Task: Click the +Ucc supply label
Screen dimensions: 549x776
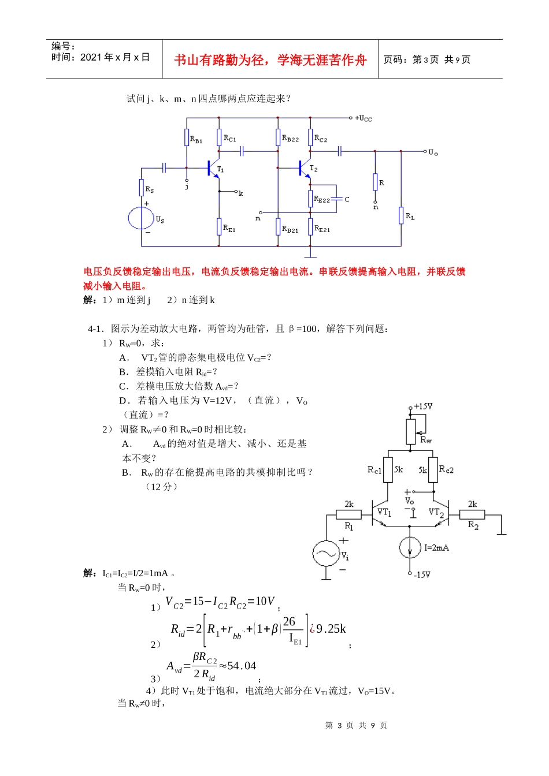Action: (x=364, y=118)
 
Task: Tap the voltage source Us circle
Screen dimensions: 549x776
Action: (x=141, y=218)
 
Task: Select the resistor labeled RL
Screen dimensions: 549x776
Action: (x=401, y=215)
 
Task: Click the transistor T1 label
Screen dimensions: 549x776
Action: (x=220, y=169)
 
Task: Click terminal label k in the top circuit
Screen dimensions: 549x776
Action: (x=241, y=193)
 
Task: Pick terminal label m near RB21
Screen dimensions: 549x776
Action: (x=258, y=219)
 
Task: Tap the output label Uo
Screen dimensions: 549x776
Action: (x=433, y=152)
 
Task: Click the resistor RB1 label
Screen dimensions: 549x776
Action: (x=196, y=140)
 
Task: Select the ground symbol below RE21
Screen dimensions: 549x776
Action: (x=310, y=254)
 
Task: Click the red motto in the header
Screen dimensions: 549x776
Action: (x=270, y=60)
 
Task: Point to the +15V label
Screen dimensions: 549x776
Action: (x=423, y=406)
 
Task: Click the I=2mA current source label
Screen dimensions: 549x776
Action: (x=436, y=547)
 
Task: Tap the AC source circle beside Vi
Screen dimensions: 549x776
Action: (x=325, y=554)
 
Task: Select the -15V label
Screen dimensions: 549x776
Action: (x=422, y=574)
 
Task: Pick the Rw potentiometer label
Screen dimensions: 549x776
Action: (x=426, y=440)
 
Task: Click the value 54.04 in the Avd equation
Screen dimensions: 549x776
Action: (x=242, y=666)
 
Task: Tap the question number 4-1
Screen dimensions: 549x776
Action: (x=95, y=329)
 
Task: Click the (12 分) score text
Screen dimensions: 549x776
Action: (x=161, y=486)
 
